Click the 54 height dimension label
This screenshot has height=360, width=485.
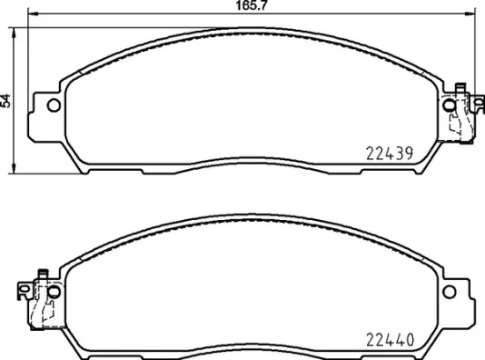point(6,101)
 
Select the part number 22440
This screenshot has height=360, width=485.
point(391,340)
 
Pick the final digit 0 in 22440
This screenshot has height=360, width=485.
point(411,340)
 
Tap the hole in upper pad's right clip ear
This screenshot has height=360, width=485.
point(451,105)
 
